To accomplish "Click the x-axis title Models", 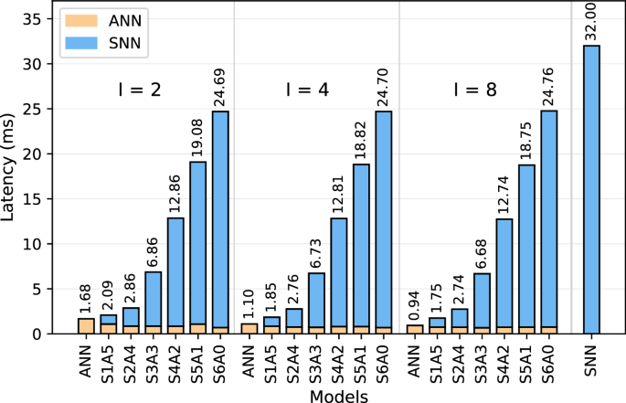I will pyautogui.click(x=338, y=395).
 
